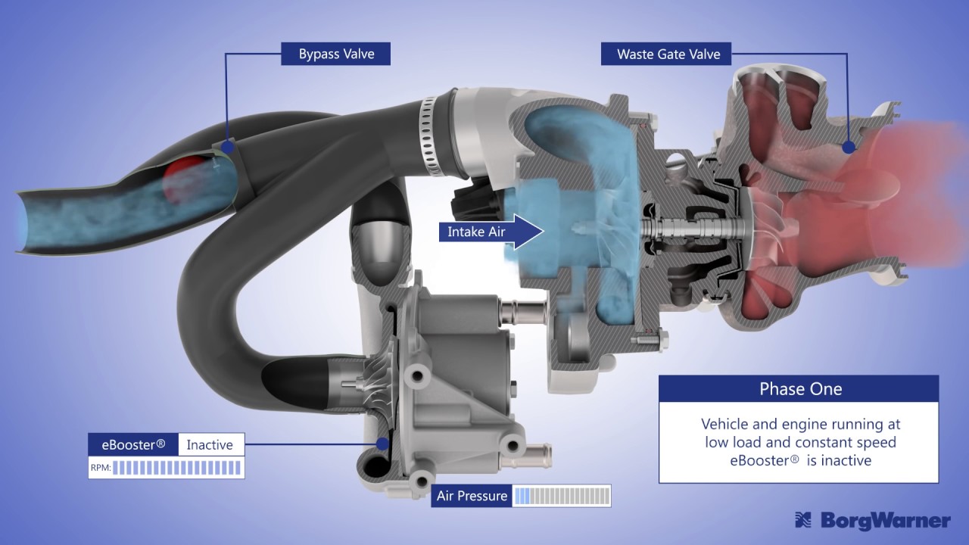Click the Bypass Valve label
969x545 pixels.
336,54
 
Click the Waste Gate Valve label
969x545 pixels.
668,54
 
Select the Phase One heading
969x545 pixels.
800,389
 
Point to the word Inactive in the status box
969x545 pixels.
210,444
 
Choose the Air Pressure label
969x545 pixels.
472,496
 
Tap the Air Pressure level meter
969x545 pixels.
561,496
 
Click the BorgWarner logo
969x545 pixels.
872,521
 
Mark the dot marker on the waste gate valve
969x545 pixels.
849,148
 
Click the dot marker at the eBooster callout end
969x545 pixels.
383,444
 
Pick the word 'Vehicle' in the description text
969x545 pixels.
727,425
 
